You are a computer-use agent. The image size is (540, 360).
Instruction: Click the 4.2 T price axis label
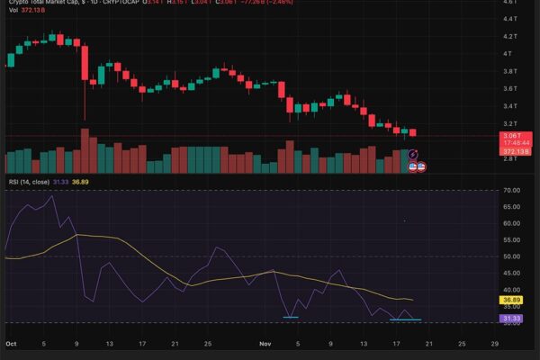pyautogui.click(x=508, y=36)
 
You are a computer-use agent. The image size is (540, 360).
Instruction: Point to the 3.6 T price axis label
pyautogui.click(x=508, y=88)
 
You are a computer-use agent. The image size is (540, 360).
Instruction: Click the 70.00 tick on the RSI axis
pyautogui.click(x=513, y=191)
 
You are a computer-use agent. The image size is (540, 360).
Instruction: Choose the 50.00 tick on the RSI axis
pyautogui.click(x=513, y=256)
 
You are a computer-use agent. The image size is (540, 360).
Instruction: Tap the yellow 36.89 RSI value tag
pyautogui.click(x=511, y=300)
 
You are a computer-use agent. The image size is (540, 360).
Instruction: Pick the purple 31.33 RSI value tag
pyautogui.click(x=511, y=318)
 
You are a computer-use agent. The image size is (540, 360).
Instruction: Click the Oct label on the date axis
pyautogui.click(x=11, y=344)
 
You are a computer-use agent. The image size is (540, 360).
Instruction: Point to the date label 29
pyautogui.click(x=494, y=344)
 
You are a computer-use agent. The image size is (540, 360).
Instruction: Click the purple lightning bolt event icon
pyautogui.click(x=413, y=155)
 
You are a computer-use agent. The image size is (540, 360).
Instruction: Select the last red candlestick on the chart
pyautogui.click(x=412, y=132)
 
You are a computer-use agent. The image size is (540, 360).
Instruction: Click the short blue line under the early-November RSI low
pyautogui.click(x=290, y=317)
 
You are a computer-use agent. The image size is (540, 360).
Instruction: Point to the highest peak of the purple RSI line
pyautogui.click(x=54, y=196)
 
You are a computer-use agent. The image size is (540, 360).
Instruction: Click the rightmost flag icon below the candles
pyautogui.click(x=420, y=167)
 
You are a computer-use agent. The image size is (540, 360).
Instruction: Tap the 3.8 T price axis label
pyautogui.click(x=508, y=71)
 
